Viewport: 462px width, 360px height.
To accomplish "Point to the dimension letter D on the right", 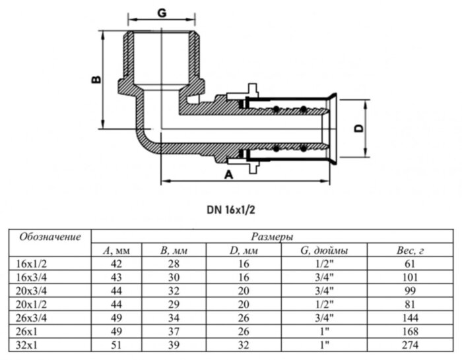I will click(359, 129).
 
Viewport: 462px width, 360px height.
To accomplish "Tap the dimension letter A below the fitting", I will click(229, 174).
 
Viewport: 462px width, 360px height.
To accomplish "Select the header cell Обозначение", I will click(50, 237).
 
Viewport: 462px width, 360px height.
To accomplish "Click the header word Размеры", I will click(272, 236).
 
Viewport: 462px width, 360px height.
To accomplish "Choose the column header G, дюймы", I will click(324, 250).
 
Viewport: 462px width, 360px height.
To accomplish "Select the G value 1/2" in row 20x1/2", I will click(324, 304).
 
